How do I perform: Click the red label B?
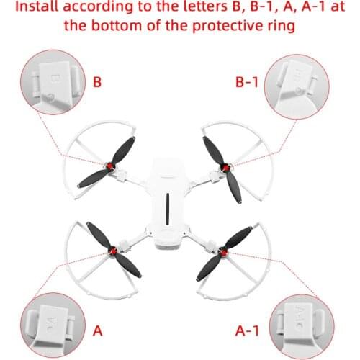[97, 83]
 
